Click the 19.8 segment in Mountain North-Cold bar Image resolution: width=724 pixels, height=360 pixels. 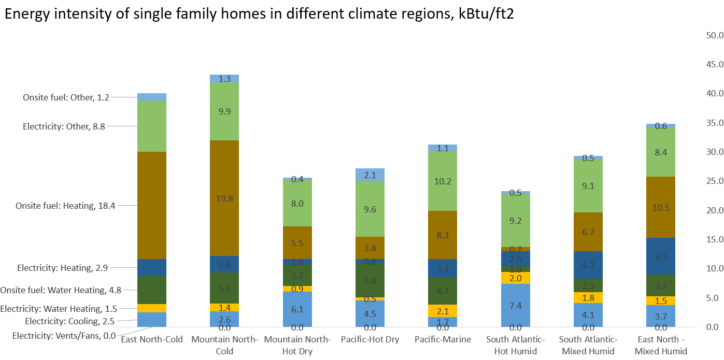point(224,198)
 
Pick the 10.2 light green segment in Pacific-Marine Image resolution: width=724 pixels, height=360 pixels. point(442,181)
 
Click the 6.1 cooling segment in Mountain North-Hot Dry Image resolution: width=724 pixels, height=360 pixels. point(297,309)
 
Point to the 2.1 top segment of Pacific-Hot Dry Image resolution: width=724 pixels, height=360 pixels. point(370,175)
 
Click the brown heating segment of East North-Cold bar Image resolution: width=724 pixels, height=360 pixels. point(152,205)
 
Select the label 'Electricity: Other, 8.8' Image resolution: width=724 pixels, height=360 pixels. point(64,126)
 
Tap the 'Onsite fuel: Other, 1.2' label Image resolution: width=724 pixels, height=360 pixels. point(66,97)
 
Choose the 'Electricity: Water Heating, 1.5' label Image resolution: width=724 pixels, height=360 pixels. point(59,309)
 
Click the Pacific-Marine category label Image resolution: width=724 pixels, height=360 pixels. point(443,340)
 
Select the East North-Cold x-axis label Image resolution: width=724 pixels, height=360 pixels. point(152,340)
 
